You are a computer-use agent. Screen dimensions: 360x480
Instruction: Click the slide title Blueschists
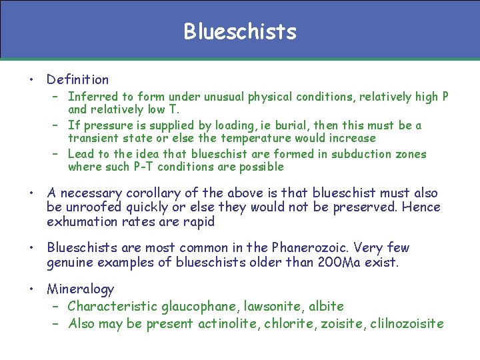(240, 31)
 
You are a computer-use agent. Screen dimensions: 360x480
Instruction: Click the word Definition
(77, 79)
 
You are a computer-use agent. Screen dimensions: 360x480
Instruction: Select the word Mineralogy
(80, 289)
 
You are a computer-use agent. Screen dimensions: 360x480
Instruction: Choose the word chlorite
(290, 324)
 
